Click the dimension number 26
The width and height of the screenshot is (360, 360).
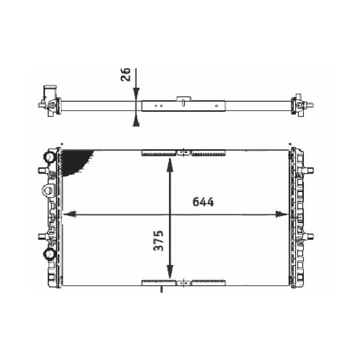point(126,75)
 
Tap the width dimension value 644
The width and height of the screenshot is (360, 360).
point(203,202)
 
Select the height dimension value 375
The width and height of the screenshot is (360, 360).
point(158,240)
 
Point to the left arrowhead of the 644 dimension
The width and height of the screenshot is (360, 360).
point(69,215)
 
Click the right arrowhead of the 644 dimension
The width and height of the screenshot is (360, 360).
point(282,215)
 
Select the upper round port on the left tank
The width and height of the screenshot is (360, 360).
point(49,157)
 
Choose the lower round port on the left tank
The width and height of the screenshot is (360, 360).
point(48,254)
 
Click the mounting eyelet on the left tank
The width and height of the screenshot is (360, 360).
point(47,190)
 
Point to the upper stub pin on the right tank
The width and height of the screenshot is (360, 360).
point(309,170)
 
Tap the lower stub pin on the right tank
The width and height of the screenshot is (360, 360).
point(309,237)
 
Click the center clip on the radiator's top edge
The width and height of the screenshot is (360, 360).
point(184,153)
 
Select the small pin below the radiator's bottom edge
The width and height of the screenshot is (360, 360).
point(161,289)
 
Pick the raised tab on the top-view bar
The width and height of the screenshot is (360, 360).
point(183,99)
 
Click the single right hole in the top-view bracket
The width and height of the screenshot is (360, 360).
point(216,106)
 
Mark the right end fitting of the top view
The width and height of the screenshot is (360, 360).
point(302,105)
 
